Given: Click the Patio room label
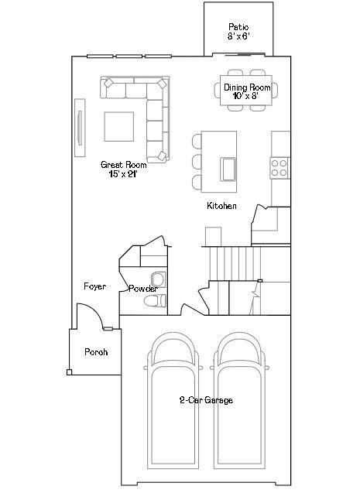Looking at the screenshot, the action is pyautogui.click(x=238, y=27).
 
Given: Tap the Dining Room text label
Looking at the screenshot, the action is pyautogui.click(x=247, y=87).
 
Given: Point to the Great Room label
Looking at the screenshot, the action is pyautogui.click(x=124, y=164).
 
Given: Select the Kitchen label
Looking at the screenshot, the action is pyautogui.click(x=221, y=206).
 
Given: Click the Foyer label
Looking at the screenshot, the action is pyautogui.click(x=94, y=286).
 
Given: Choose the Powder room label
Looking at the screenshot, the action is pyautogui.click(x=143, y=289).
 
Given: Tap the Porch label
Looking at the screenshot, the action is pyautogui.click(x=96, y=352).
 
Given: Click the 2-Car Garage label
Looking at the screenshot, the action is pyautogui.click(x=206, y=400).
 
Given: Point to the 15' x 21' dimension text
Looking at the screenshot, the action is pyautogui.click(x=123, y=174).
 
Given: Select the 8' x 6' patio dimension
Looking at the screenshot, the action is pyautogui.click(x=238, y=36).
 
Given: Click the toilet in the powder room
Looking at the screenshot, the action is pyautogui.click(x=155, y=301).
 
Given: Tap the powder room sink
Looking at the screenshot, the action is pyautogui.click(x=158, y=279).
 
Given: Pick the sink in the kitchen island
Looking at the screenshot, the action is pyautogui.click(x=228, y=169).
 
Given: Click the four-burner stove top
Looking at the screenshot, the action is pyautogui.click(x=279, y=168).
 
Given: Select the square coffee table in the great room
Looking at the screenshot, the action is pyautogui.click(x=119, y=126).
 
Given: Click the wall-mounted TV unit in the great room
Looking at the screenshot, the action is pyautogui.click(x=80, y=128).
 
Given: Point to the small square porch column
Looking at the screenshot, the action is pyautogui.click(x=69, y=372).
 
